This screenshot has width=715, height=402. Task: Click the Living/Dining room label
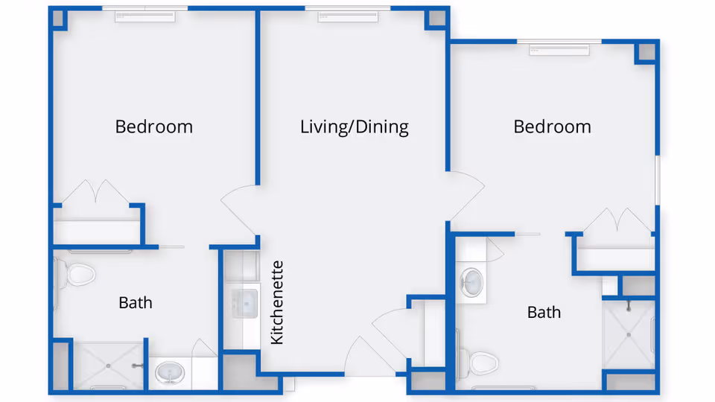(x=355, y=127)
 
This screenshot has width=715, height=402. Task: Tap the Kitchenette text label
(x=277, y=302)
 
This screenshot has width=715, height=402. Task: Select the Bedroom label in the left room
(x=153, y=127)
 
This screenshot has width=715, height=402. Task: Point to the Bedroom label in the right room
(x=552, y=127)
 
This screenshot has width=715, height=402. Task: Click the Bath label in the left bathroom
(x=136, y=302)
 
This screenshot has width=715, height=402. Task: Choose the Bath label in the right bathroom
(x=544, y=312)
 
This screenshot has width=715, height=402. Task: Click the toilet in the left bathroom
(x=78, y=274)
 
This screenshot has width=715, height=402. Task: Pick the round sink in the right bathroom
(x=471, y=281)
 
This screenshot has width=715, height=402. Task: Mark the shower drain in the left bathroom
(x=109, y=366)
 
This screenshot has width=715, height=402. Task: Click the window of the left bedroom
(x=144, y=12)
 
